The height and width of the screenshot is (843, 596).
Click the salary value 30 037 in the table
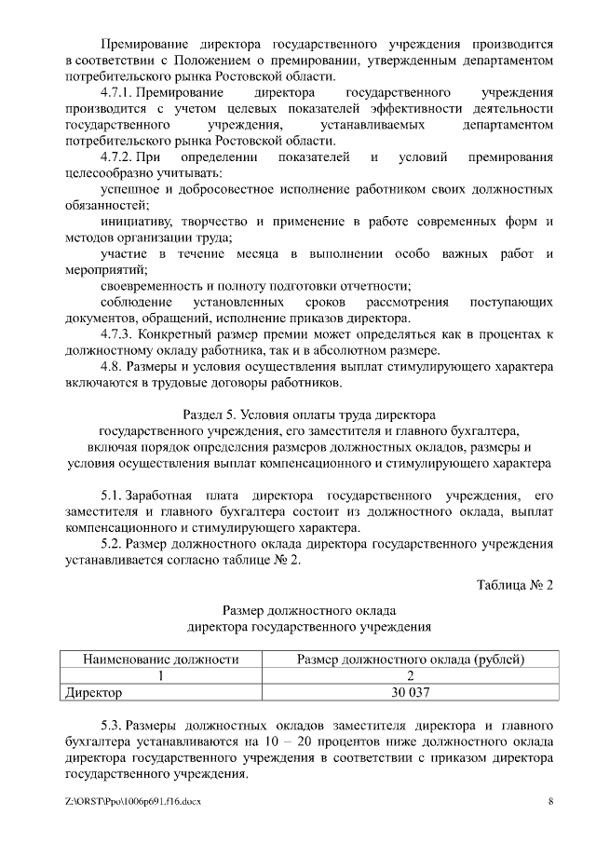point(410,692)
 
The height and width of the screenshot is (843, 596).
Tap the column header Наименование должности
point(161,659)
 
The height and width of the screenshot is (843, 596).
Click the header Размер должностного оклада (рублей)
point(410,659)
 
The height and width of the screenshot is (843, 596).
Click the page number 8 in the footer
point(550,801)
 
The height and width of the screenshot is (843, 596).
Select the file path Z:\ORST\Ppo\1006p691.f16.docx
point(133,801)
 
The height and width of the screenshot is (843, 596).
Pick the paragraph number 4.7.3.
point(121,333)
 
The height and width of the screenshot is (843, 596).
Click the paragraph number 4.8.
point(113,365)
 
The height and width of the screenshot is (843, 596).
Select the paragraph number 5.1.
point(112,494)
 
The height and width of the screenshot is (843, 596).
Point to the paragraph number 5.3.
point(112,724)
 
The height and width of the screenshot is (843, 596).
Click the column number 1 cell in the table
point(161,675)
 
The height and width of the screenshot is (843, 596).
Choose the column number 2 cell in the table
point(410,675)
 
